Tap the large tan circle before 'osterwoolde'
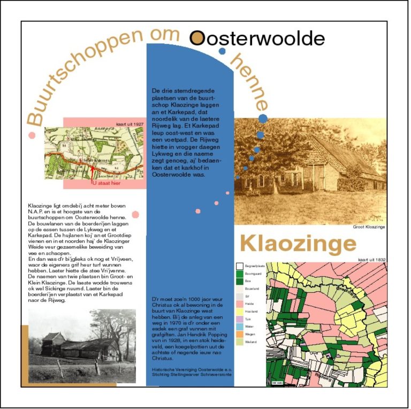coord(197,37)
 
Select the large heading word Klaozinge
coord(298,244)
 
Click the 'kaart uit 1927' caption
coord(130,124)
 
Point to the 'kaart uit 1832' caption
coord(372,260)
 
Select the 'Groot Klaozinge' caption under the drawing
coord(369,227)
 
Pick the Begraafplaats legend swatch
coord(239,265)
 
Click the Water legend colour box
coord(239,326)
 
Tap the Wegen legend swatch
coord(239,334)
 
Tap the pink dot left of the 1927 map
coord(32,135)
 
